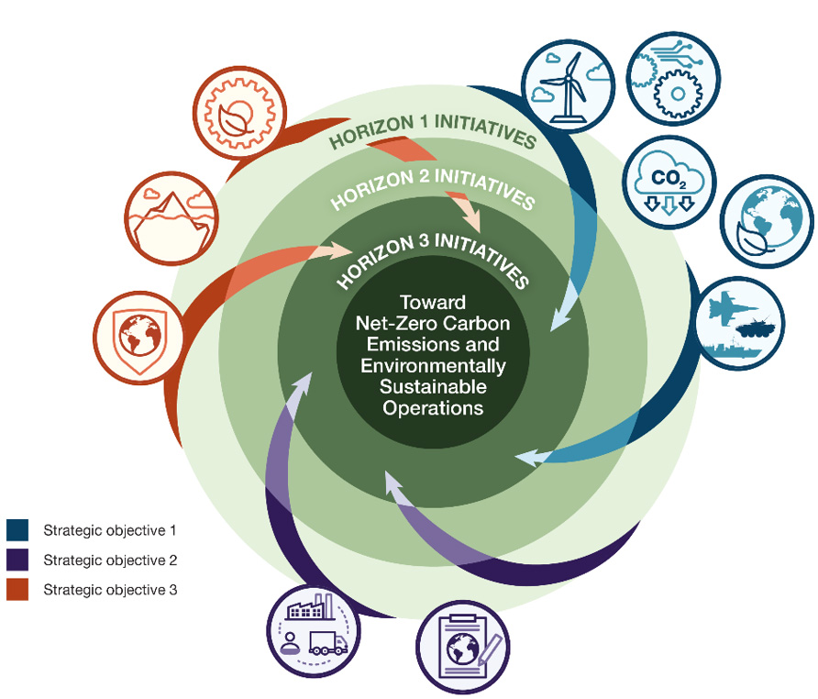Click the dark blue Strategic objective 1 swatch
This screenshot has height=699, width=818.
(x=18, y=530)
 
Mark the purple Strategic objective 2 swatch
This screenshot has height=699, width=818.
(x=18, y=560)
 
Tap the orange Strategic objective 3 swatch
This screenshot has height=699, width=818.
(x=18, y=589)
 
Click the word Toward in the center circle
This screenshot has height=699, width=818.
(x=433, y=302)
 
